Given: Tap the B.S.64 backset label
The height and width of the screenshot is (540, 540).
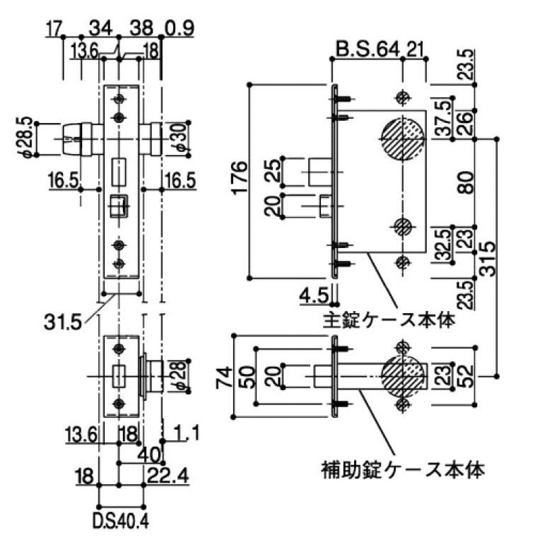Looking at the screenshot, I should point(368,50).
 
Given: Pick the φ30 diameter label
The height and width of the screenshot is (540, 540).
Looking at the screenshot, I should point(179,136).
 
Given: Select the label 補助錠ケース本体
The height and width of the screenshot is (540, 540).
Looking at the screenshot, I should point(401,468).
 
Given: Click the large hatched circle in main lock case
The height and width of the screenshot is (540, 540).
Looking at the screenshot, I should point(403,136).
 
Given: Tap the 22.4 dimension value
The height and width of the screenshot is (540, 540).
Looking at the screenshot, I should point(168,478).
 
